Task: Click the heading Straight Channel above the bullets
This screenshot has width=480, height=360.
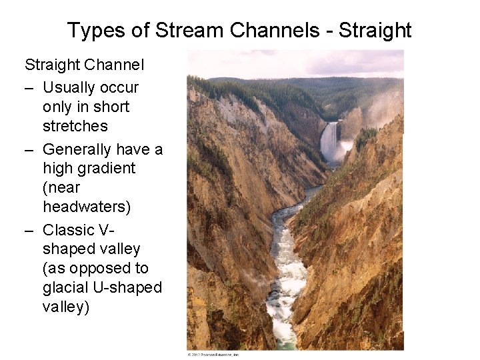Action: point(85,65)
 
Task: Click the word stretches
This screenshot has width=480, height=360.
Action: point(75,126)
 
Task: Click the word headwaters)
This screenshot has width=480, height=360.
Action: point(87,207)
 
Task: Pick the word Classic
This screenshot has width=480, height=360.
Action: point(68,230)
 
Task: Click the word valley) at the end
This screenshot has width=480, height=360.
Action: point(66,307)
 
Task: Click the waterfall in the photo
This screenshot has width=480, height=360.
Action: point(329,141)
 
